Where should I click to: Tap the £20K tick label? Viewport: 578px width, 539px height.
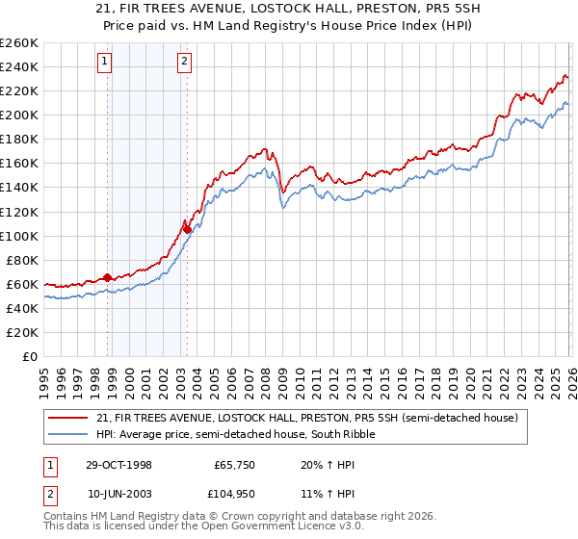click(21, 332)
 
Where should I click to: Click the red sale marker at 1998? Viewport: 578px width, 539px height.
click(108, 276)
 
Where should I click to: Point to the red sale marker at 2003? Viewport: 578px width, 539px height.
click(187, 229)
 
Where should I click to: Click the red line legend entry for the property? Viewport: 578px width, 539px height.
click(307, 418)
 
